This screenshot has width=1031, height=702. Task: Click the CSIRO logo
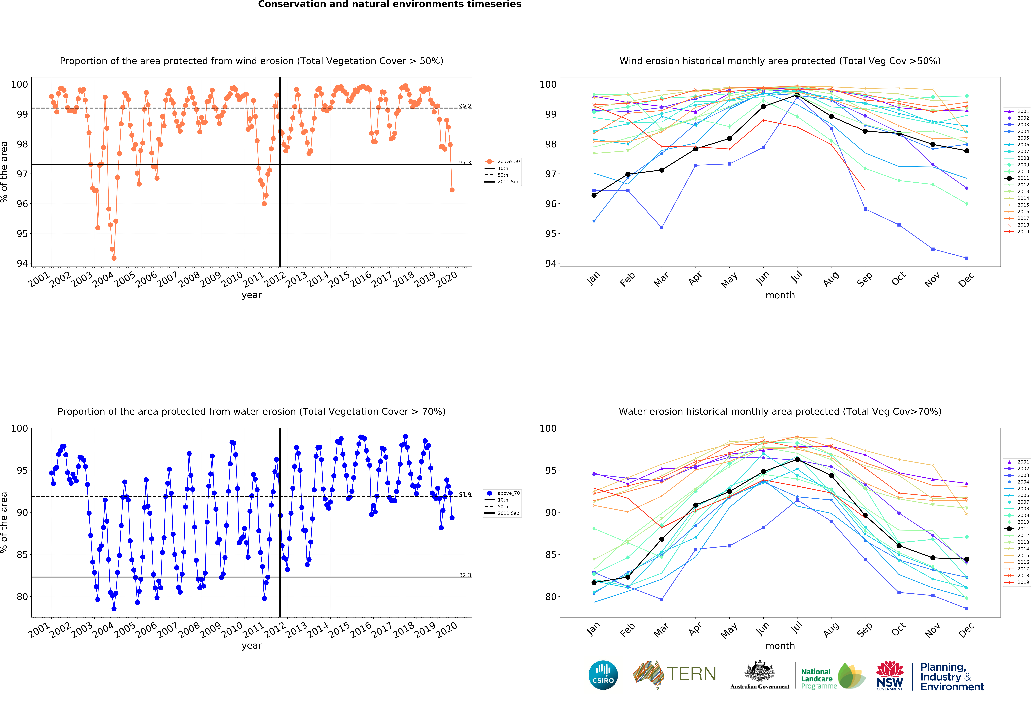click(x=603, y=675)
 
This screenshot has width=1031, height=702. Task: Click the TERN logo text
click(x=691, y=674)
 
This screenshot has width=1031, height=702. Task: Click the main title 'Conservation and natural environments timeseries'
click(x=389, y=4)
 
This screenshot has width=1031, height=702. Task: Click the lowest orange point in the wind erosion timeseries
click(x=114, y=258)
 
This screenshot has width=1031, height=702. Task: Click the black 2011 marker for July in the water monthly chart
click(x=797, y=460)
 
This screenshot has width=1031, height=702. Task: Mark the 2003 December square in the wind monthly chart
click(x=967, y=258)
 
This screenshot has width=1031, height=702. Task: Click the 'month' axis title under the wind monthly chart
click(x=780, y=295)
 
